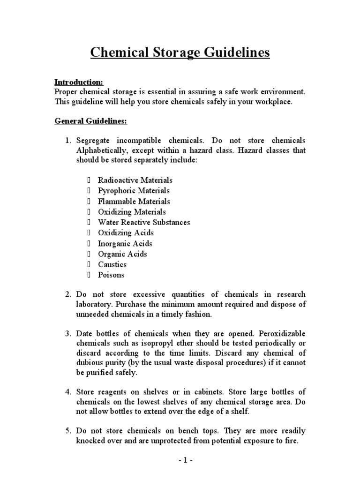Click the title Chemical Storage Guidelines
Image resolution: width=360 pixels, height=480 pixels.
point(180,52)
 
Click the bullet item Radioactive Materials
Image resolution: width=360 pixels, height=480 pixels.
point(135,180)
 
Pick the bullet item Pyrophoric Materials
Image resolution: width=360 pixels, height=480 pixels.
point(134,191)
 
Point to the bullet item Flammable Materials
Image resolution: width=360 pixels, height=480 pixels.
point(134,202)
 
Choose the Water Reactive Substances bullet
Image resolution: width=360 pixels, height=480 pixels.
point(144,222)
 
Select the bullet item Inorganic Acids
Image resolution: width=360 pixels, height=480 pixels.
point(125,244)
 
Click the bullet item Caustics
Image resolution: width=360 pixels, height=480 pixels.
point(112,264)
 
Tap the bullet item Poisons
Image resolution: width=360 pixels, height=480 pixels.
point(111,275)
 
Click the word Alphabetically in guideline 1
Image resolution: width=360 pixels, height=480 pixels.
point(100,150)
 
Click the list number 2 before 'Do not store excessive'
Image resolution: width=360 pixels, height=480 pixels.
point(67,294)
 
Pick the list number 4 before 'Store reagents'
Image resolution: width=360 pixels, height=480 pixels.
point(67,391)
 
